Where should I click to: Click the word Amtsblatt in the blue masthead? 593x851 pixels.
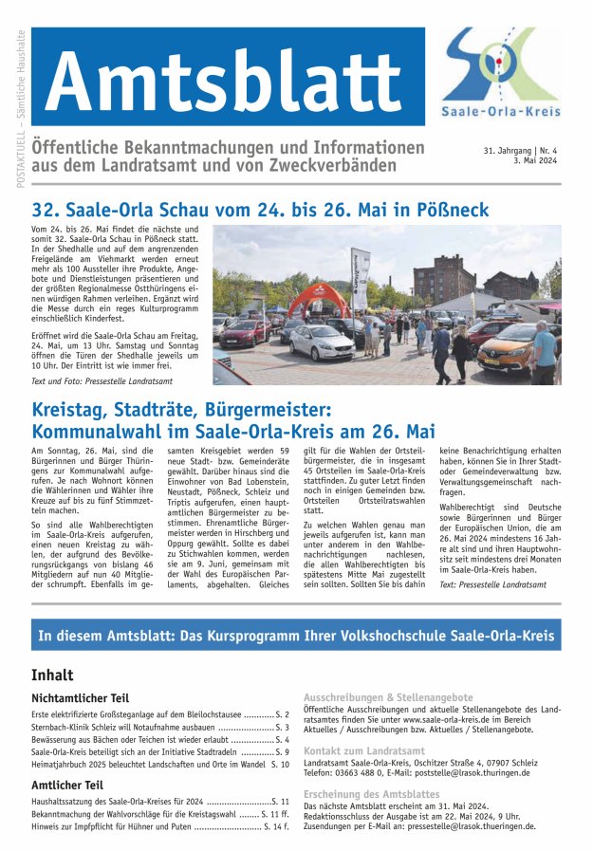(x=227, y=80)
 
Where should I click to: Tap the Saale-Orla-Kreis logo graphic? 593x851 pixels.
(x=500, y=65)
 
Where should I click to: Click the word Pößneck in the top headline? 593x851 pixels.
(x=454, y=209)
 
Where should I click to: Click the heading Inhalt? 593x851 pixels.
(x=52, y=675)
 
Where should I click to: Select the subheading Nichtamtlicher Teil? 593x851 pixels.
(x=80, y=697)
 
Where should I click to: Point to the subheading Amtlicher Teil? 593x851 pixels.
(x=66, y=785)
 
